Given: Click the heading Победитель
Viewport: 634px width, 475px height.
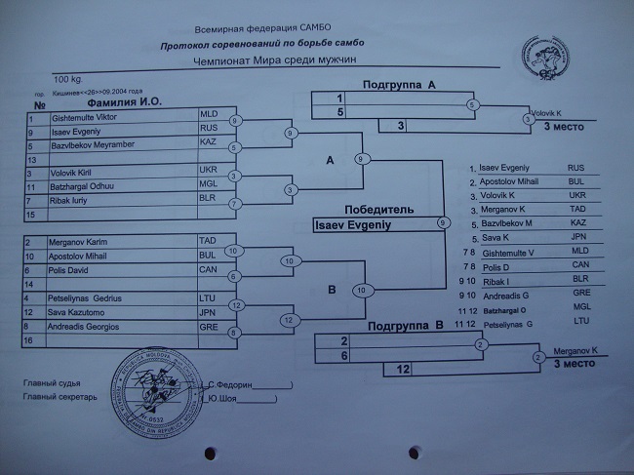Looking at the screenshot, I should [378, 210].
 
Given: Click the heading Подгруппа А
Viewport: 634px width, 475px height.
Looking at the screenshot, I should [399, 85].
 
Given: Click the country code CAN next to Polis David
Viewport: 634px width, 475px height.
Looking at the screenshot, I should [207, 269].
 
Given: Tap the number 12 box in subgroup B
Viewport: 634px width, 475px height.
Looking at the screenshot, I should [402, 369].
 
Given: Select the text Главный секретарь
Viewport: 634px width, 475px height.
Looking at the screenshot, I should [60, 398].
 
